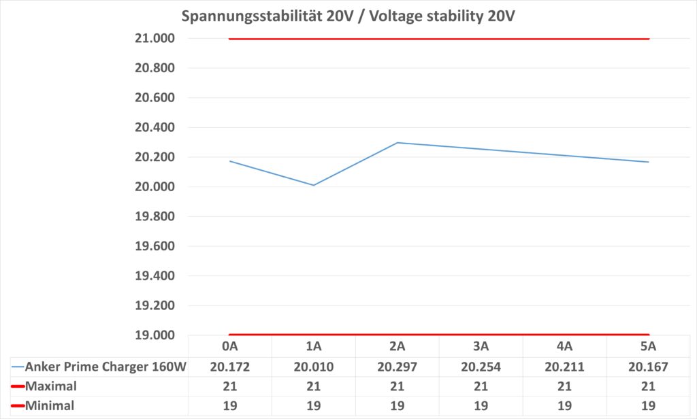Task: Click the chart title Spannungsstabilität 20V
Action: (x=347, y=17)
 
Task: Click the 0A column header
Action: (x=229, y=346)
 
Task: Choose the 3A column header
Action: (x=481, y=346)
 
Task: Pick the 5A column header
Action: (x=648, y=346)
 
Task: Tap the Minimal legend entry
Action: (x=49, y=406)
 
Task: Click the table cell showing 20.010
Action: (x=314, y=367)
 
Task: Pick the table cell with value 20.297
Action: (x=398, y=367)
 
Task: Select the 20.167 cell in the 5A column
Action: (x=648, y=367)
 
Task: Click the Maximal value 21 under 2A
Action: (x=398, y=387)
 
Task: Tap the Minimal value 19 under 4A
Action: (x=565, y=406)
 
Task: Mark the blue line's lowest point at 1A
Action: (x=314, y=185)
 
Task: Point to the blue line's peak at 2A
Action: (x=398, y=143)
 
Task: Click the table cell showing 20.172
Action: (x=229, y=367)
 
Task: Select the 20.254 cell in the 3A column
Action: (x=481, y=367)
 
